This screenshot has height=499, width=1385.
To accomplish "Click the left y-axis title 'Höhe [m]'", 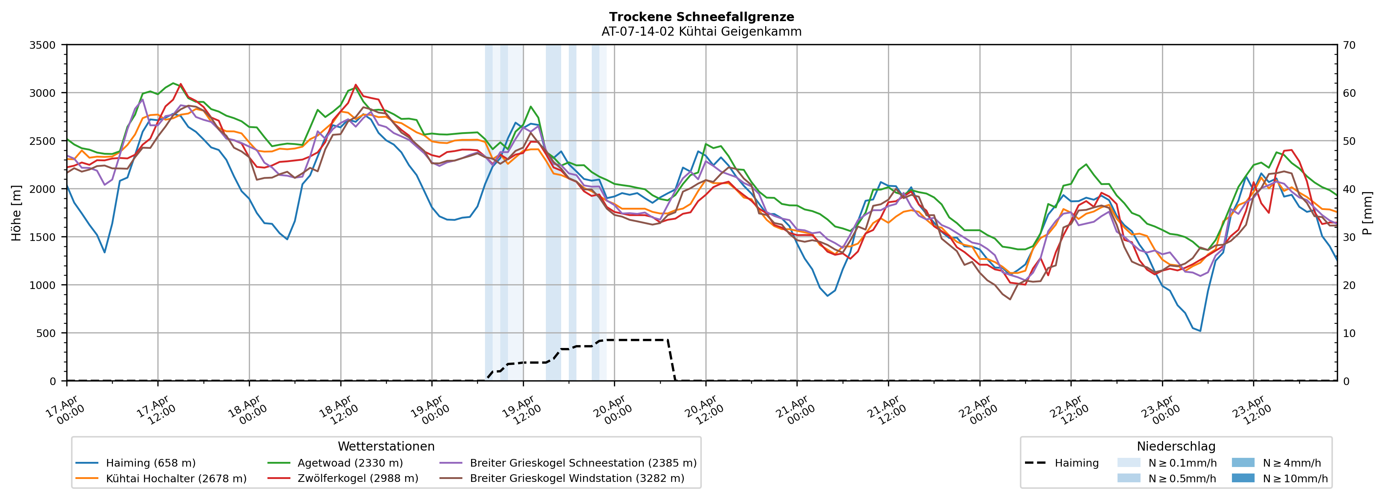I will pyautogui.click(x=17, y=213).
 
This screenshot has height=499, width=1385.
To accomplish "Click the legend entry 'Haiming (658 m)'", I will pyautogui.click(x=150, y=463).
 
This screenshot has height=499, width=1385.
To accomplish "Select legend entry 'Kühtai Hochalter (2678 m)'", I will pyautogui.click(x=176, y=479).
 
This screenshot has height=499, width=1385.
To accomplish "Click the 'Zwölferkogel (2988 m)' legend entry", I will pyautogui.click(x=357, y=479).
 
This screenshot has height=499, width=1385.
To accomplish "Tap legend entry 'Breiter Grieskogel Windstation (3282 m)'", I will pyautogui.click(x=577, y=479).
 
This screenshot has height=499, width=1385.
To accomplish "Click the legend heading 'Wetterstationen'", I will pyautogui.click(x=386, y=446).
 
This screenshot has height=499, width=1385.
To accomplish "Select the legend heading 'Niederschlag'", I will pyautogui.click(x=1176, y=446).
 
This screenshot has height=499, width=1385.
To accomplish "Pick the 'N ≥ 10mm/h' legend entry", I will pyautogui.click(x=1295, y=479).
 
